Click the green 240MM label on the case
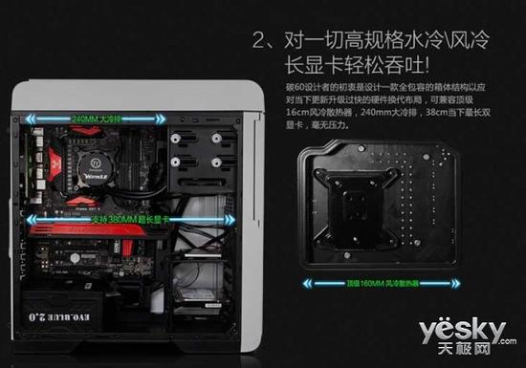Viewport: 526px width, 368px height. [x=93, y=120]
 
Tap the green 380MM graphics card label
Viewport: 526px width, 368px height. [x=129, y=219]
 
